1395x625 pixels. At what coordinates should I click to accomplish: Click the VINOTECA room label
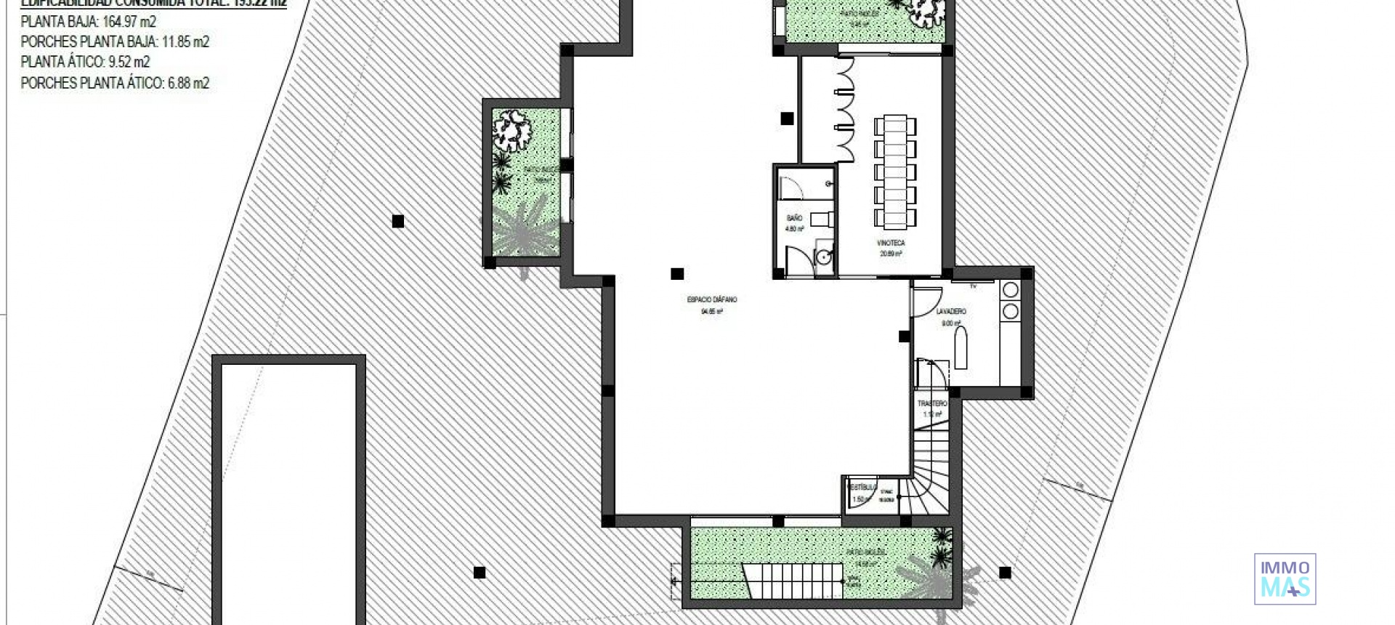tap(891, 243)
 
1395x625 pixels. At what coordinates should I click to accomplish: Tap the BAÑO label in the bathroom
tap(794, 218)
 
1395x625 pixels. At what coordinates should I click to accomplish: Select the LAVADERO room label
tap(951, 312)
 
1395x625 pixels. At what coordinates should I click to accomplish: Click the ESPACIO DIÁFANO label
tap(711, 299)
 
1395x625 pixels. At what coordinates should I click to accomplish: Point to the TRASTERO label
tap(932, 403)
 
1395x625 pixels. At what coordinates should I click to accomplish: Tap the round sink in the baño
tap(822, 257)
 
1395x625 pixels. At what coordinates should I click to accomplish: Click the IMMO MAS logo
tap(1285, 578)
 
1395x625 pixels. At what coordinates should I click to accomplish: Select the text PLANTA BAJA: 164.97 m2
tap(88, 21)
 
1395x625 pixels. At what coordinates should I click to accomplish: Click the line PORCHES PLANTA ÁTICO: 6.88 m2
tap(115, 83)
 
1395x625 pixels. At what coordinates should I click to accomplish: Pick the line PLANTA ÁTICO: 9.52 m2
tap(85, 62)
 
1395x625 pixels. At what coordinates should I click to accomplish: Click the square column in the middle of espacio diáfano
tap(677, 274)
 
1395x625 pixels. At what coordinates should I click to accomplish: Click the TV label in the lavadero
tap(973, 286)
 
